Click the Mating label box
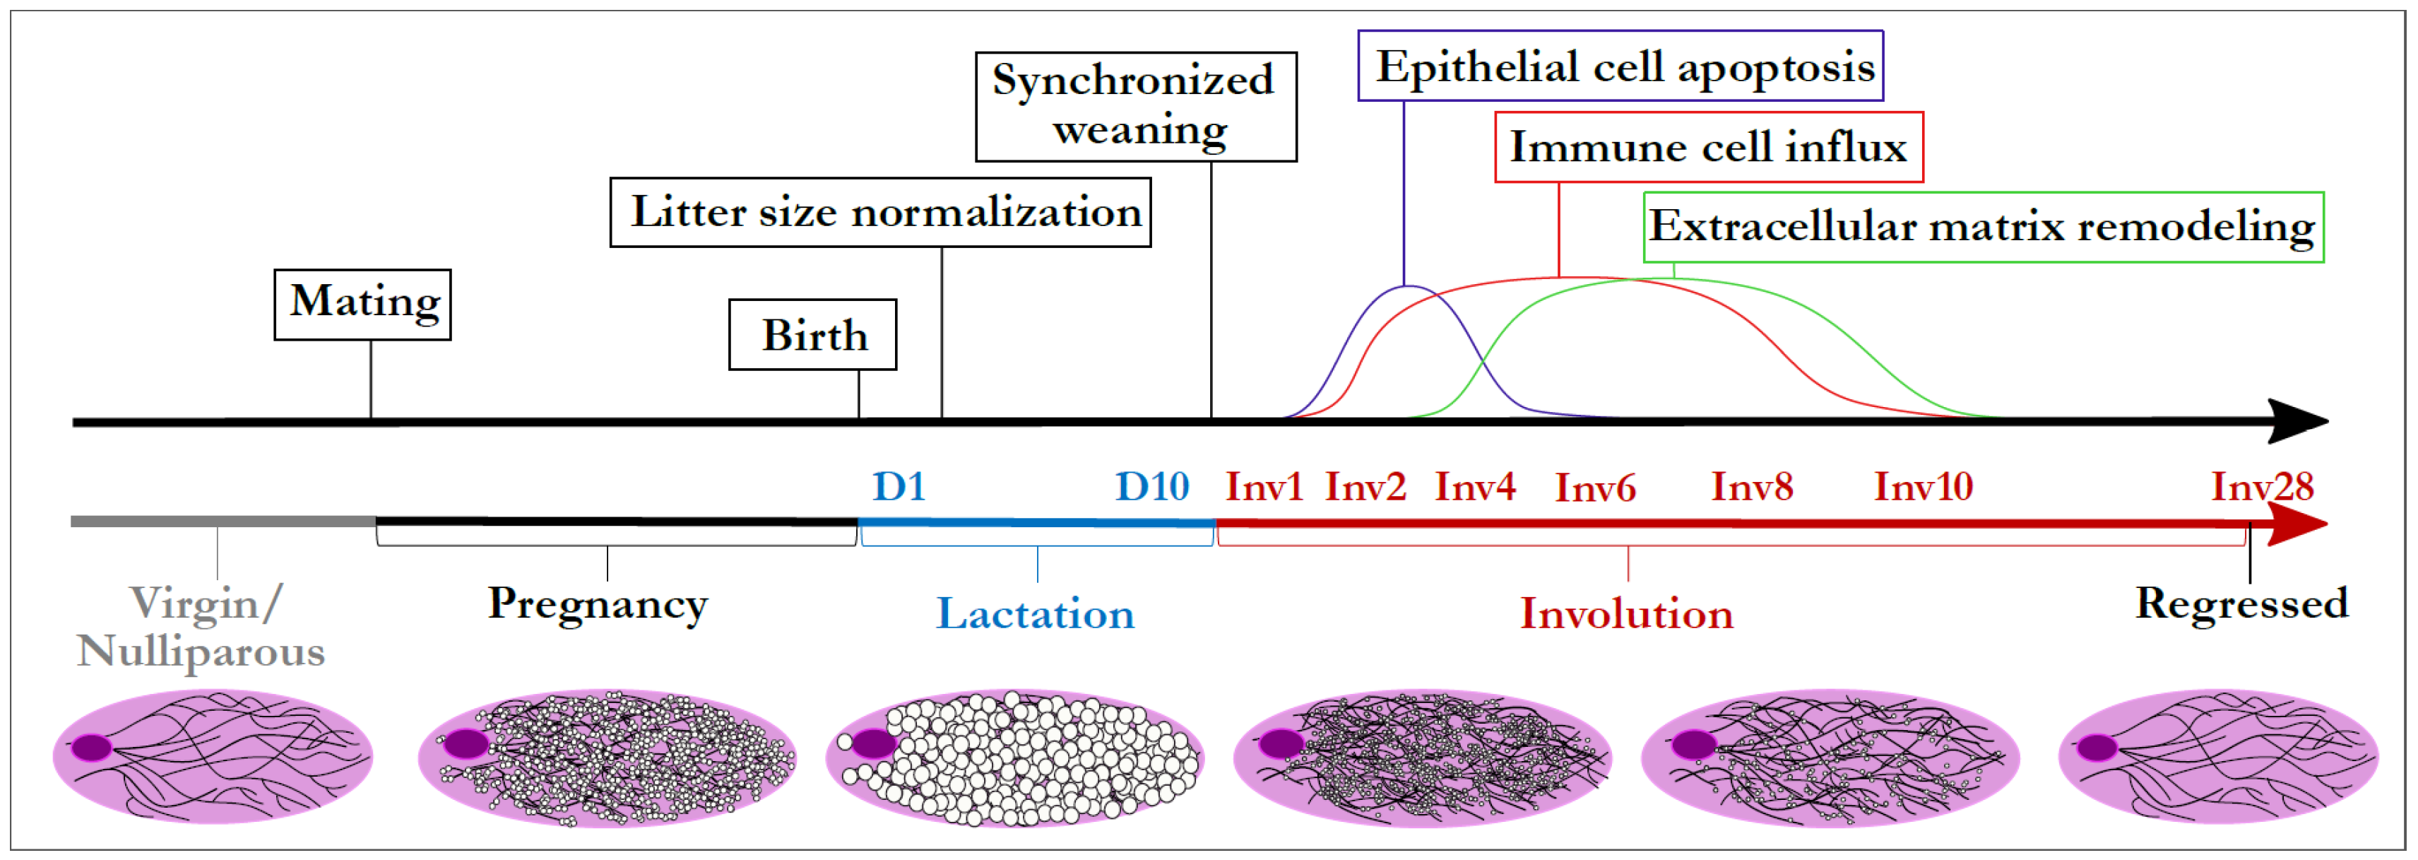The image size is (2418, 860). pyautogui.click(x=362, y=304)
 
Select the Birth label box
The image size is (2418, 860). pyautogui.click(x=813, y=335)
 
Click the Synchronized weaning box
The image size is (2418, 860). pyautogui.click(x=1136, y=107)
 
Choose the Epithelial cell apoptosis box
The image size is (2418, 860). pyautogui.click(x=1620, y=66)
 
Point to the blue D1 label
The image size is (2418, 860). pyautogui.click(x=899, y=486)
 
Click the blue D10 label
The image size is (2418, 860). pyautogui.click(x=1151, y=486)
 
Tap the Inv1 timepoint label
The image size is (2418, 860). pyautogui.click(x=1264, y=486)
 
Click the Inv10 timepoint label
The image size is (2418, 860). pyautogui.click(x=1924, y=486)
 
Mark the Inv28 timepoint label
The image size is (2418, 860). pyautogui.click(x=2262, y=486)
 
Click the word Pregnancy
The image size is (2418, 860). pyautogui.click(x=598, y=603)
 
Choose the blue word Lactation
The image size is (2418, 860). pyautogui.click(x=1036, y=614)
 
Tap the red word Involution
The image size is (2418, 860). pyautogui.click(x=1627, y=614)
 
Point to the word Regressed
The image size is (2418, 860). pyautogui.click(x=2241, y=603)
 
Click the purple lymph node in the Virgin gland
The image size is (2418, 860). pyautogui.click(x=92, y=748)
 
